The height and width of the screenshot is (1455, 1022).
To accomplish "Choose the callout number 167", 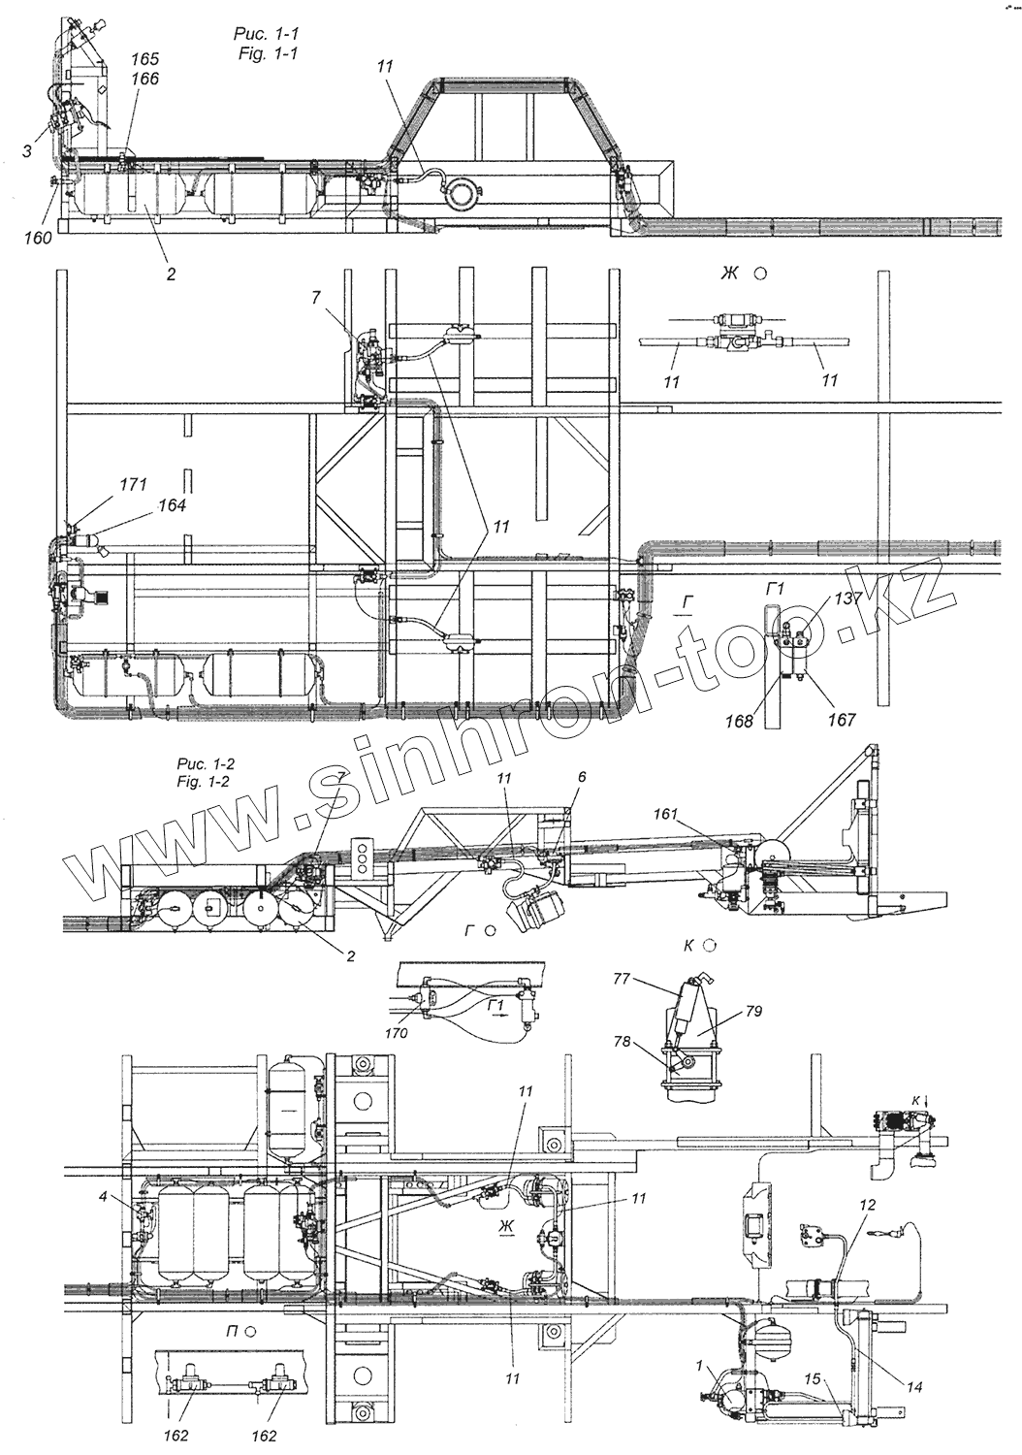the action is pyautogui.click(x=841, y=720).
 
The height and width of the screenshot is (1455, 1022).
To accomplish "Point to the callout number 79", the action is pyautogui.click(x=755, y=1012).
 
